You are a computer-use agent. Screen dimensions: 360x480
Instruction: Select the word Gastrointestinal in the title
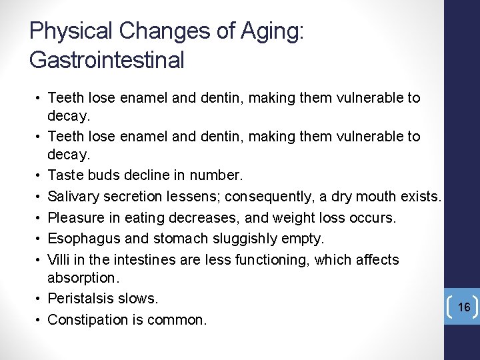107,60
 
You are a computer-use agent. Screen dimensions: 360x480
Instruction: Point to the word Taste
65,176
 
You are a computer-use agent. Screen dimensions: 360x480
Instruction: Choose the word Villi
59,259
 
